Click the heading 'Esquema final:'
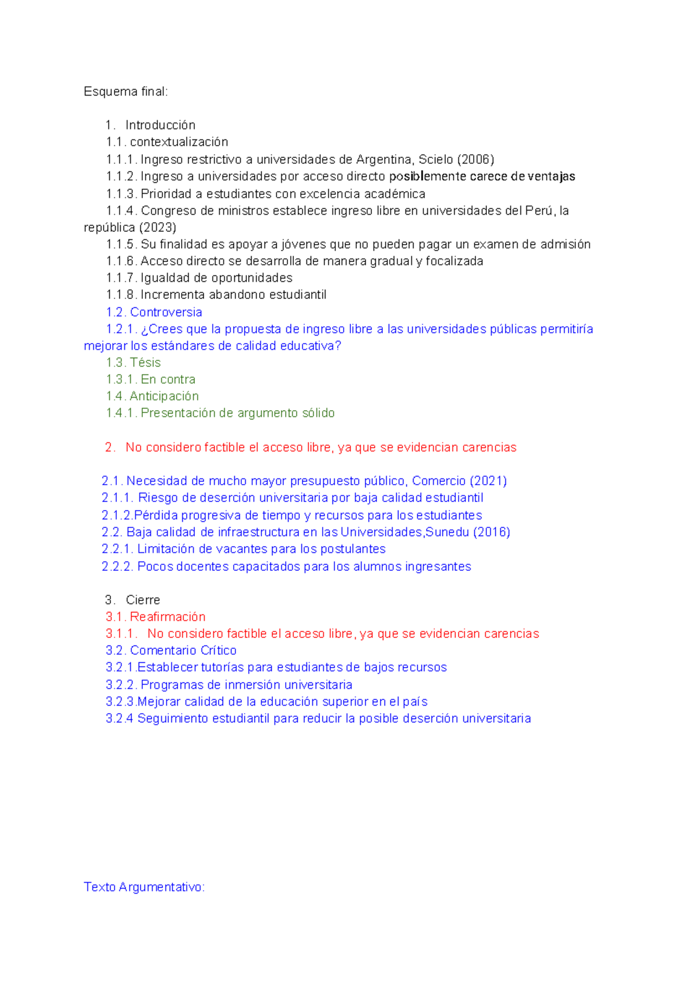(x=125, y=91)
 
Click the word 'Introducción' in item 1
(x=160, y=125)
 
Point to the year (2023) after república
(x=158, y=227)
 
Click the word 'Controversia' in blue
(x=166, y=312)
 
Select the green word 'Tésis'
(x=145, y=363)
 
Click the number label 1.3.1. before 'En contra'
(x=121, y=379)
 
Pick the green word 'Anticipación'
(x=164, y=396)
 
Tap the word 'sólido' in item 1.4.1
(x=318, y=413)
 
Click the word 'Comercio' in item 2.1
(x=438, y=481)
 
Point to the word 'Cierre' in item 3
(x=143, y=600)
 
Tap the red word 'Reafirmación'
(x=168, y=617)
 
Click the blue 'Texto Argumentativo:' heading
(x=144, y=887)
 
